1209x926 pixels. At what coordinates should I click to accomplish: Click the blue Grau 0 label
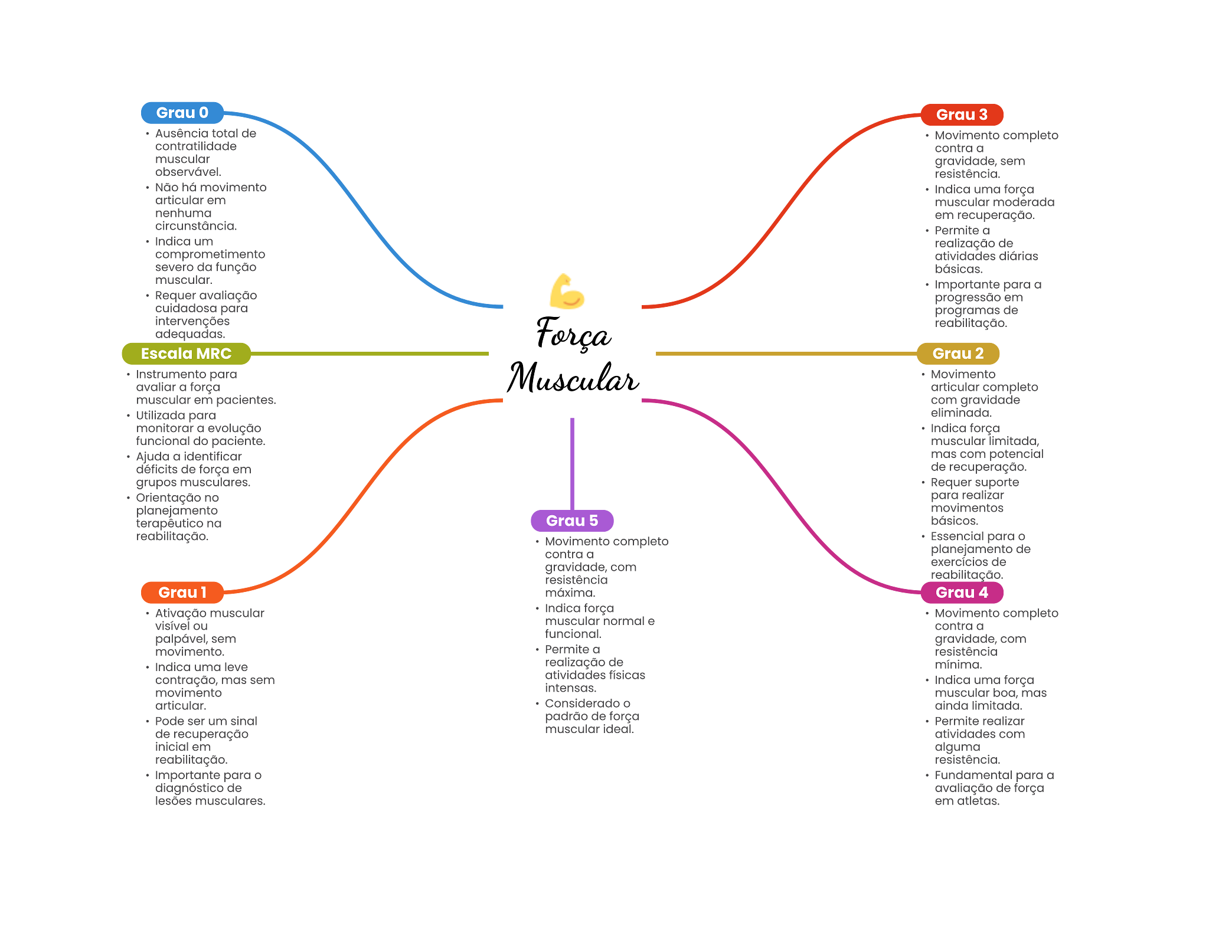(x=182, y=113)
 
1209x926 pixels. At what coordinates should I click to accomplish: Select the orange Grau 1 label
(x=182, y=593)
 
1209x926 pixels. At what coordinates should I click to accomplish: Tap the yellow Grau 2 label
(x=958, y=354)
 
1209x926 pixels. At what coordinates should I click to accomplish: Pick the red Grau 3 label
(x=962, y=114)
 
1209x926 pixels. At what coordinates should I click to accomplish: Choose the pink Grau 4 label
(x=962, y=593)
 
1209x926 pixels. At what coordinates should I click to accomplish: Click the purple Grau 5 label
(x=572, y=521)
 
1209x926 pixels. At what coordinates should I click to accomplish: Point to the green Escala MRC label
(x=186, y=354)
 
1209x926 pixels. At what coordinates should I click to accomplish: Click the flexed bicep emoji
(x=567, y=292)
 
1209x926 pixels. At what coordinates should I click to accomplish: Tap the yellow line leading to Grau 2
(x=785, y=354)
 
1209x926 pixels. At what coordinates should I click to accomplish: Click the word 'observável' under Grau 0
(x=188, y=172)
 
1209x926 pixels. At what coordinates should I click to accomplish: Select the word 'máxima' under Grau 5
(x=570, y=593)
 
